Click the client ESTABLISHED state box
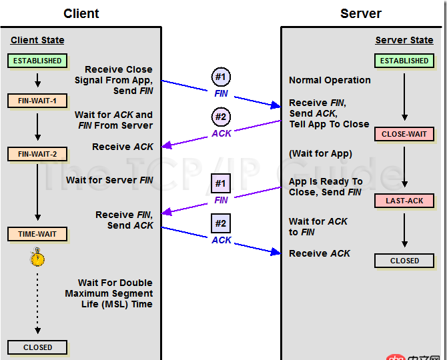[37, 61]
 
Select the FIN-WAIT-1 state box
[37, 101]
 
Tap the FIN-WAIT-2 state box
[37, 154]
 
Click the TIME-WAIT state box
[37, 234]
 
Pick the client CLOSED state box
[37, 347]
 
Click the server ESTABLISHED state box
[404, 61]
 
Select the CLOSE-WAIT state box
[404, 134]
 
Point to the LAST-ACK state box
[404, 201]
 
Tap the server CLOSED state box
[404, 261]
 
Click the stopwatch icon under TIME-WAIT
[37, 257]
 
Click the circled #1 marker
[221, 76]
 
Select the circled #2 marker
[221, 117]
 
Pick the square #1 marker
[221, 183]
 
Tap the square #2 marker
[221, 223]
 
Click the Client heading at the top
[81, 13]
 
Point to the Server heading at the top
[361, 13]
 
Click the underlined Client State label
[37, 41]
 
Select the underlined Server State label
[404, 41]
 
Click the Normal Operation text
[330, 80]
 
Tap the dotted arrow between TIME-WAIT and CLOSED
[37, 300]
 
